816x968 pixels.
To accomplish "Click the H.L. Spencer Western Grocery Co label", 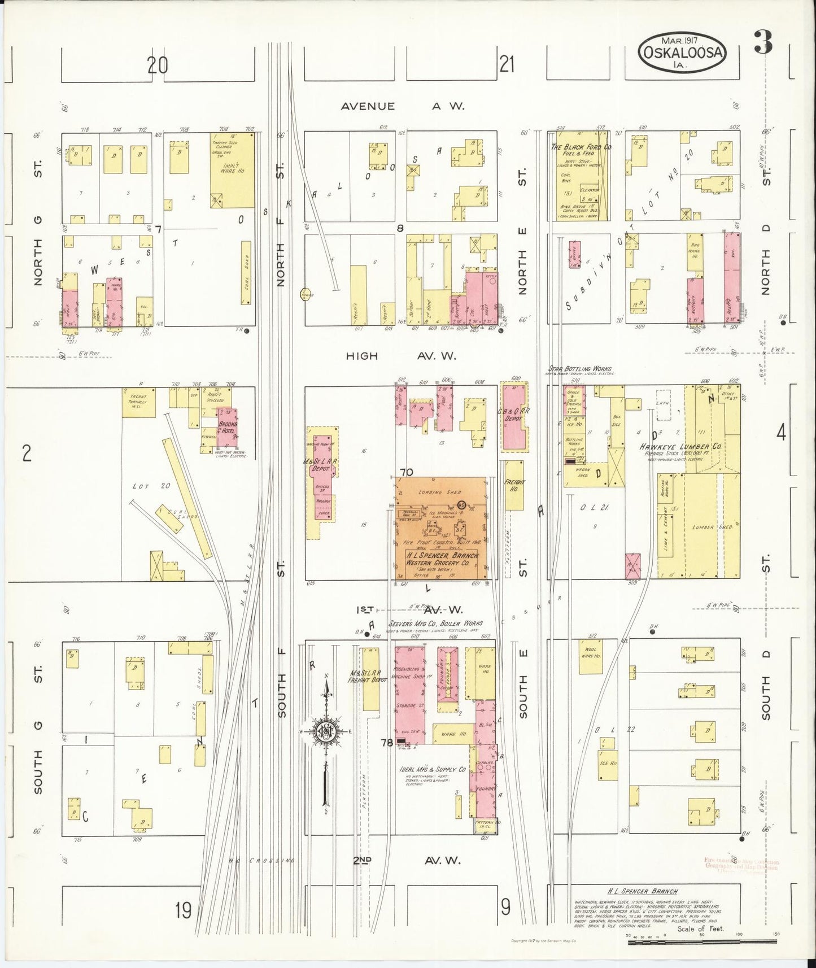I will (x=441, y=559).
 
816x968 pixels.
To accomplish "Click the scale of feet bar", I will (x=702, y=935).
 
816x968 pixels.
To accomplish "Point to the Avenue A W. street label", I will (x=402, y=106).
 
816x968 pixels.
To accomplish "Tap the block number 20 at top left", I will (x=158, y=66).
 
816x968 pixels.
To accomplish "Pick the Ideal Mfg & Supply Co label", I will (x=434, y=769).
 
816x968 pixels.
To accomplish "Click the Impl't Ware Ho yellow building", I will (x=232, y=169).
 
